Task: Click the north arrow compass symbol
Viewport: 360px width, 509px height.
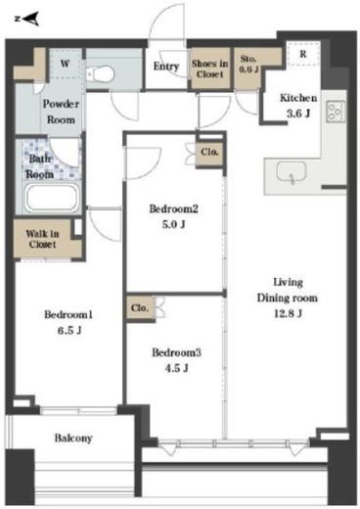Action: (27, 19)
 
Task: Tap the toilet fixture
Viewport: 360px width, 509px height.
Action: (101, 74)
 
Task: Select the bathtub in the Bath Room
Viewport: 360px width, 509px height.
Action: (53, 198)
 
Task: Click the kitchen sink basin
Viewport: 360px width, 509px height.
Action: (292, 171)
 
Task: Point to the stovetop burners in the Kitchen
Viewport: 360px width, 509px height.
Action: (336, 112)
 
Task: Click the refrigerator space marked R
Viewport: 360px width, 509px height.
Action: (303, 54)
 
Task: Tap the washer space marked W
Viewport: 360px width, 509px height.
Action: (65, 64)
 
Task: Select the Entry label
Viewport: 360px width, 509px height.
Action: (166, 67)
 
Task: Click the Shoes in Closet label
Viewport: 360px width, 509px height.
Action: (209, 69)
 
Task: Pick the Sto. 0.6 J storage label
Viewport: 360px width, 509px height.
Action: (248, 64)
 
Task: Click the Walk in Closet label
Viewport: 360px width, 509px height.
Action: (42, 239)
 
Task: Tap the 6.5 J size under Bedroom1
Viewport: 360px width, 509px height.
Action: (69, 331)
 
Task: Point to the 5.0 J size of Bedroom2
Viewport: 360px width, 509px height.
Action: (174, 224)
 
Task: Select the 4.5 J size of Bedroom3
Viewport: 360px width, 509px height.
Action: (176, 368)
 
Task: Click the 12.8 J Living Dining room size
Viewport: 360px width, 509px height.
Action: (288, 313)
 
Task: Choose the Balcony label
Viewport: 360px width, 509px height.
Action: (73, 438)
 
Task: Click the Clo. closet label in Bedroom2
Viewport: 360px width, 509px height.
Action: (209, 152)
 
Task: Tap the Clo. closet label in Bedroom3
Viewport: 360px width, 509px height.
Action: (140, 308)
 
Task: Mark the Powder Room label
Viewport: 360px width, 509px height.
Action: (61, 112)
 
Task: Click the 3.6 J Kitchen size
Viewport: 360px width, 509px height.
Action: (298, 114)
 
